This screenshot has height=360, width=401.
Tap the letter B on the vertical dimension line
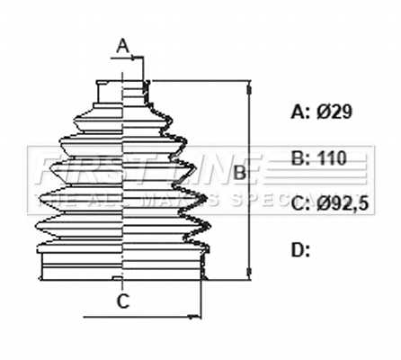click(x=240, y=172)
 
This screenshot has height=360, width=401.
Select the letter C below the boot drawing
click(x=124, y=301)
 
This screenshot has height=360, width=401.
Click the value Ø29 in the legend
click(x=334, y=112)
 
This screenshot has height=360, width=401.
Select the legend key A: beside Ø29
click(x=301, y=112)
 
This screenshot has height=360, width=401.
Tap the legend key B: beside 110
click(x=301, y=158)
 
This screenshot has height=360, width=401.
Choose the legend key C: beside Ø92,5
click(x=301, y=204)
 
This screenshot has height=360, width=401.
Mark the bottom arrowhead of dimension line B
click(x=249, y=274)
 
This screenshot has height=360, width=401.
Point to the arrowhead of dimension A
click(x=139, y=58)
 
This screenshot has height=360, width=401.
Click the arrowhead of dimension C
click(x=195, y=316)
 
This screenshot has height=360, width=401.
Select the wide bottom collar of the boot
click(x=122, y=265)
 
